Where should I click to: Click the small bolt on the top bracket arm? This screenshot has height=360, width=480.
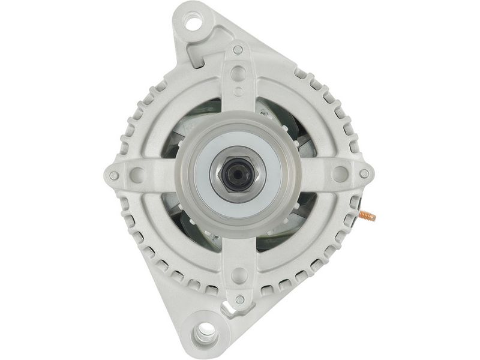[238, 50]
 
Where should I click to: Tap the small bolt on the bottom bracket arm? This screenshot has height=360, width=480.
[239, 299]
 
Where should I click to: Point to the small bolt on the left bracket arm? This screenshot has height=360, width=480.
[114, 175]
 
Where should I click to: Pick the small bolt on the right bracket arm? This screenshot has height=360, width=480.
[364, 174]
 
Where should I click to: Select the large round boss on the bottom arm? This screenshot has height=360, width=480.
[239, 275]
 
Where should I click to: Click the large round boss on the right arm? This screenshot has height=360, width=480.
[340, 175]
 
